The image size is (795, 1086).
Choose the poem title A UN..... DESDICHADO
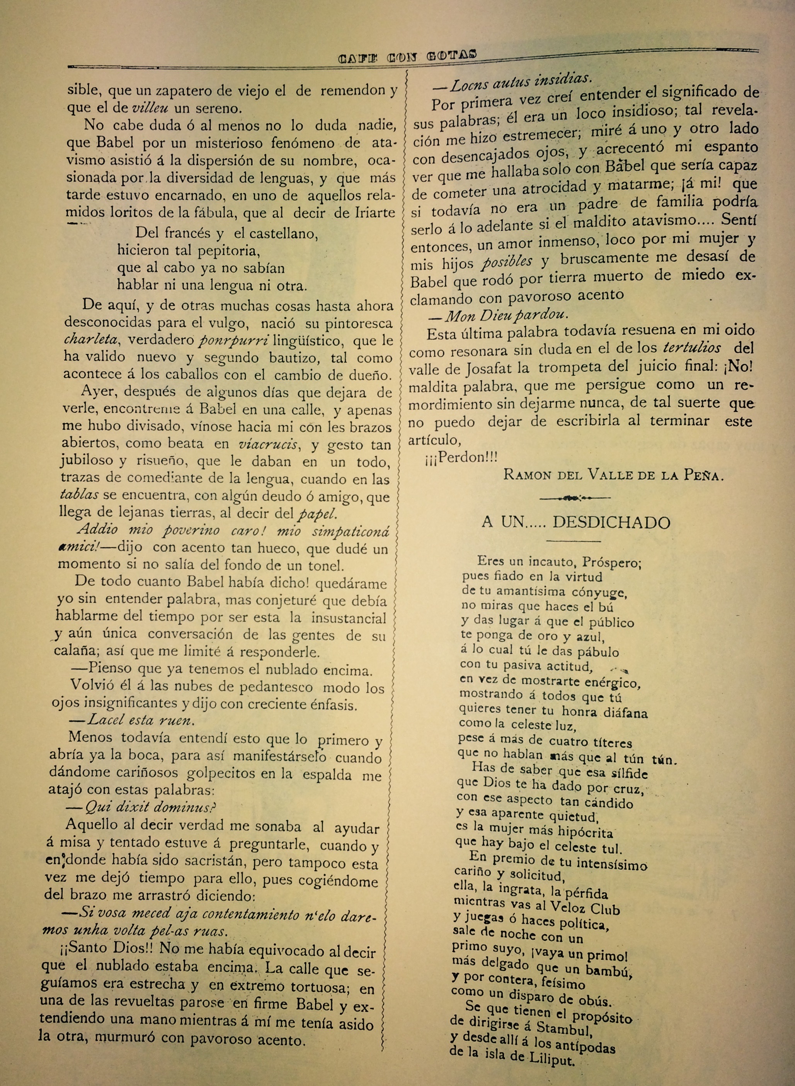point(576,523)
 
